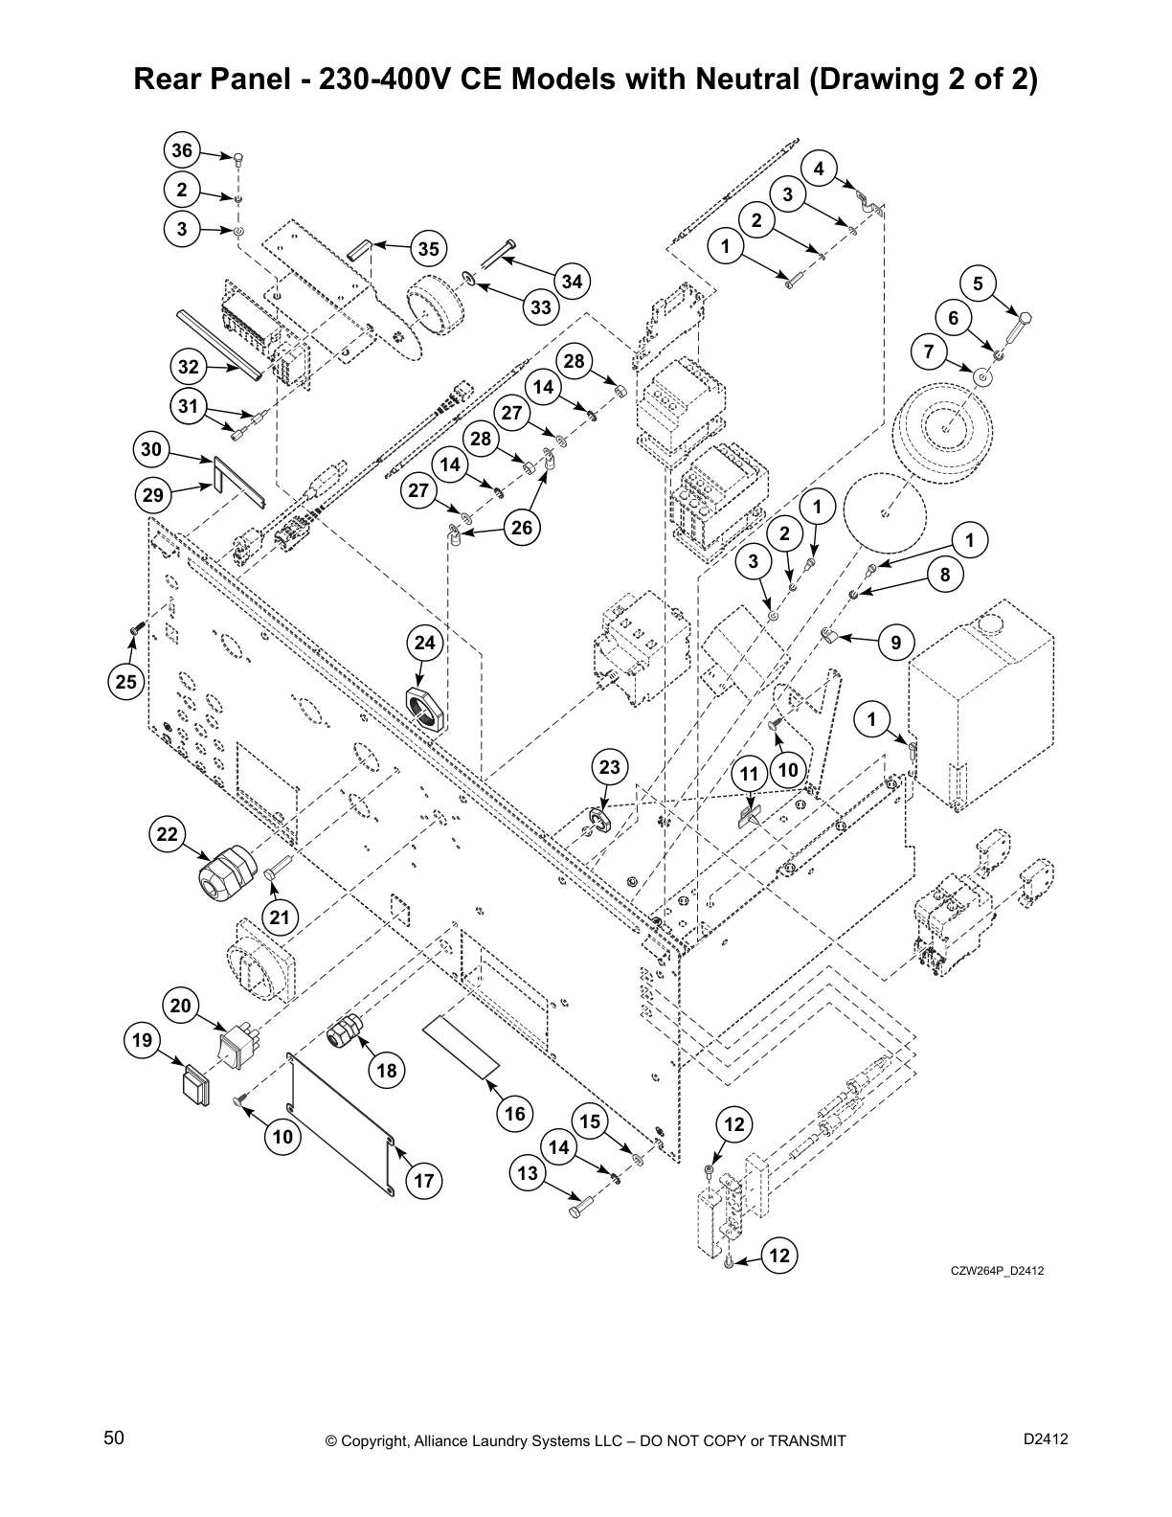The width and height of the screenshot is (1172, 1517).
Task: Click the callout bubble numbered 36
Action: pos(182,150)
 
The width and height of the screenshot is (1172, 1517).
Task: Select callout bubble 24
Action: pos(425,643)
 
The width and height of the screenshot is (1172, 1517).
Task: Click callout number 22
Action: pos(168,834)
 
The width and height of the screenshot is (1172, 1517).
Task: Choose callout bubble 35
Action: pos(429,249)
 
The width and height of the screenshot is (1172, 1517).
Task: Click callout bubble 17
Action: pos(424,1181)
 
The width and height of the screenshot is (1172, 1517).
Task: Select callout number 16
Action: pos(515,1114)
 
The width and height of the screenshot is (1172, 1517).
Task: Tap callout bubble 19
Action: pos(143,1040)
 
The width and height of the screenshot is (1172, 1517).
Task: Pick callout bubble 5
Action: pos(978,283)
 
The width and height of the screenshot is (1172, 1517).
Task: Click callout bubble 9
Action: pos(896,643)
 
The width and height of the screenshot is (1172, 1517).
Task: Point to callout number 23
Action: pos(610,767)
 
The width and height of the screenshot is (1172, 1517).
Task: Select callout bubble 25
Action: pos(126,682)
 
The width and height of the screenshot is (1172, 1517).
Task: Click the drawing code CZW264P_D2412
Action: pos(996,1271)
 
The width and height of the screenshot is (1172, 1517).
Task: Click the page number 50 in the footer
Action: pos(114,1439)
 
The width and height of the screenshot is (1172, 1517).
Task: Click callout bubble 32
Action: pos(189,367)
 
